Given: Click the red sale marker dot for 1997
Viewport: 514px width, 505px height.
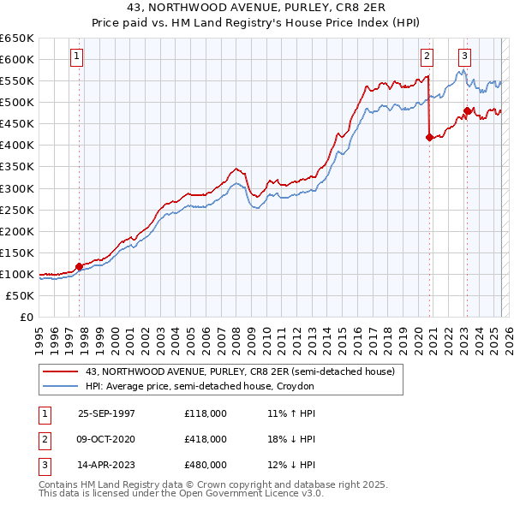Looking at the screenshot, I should click(x=80, y=266).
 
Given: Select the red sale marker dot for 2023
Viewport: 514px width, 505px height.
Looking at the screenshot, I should click(x=467, y=110).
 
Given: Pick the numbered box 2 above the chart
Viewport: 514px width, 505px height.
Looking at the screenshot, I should click(x=427, y=56).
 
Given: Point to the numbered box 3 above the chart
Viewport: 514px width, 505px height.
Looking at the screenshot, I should click(x=464, y=56).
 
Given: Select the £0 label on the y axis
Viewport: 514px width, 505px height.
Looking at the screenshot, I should click(x=26, y=317).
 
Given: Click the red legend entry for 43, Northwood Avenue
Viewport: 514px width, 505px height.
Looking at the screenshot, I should click(x=240, y=371).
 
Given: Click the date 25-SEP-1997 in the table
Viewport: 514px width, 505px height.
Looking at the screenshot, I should click(x=106, y=413).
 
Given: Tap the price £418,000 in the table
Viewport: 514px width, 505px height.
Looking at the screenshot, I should click(x=205, y=439).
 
